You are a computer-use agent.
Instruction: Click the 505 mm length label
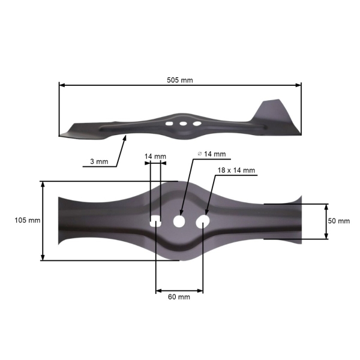tap(180, 80)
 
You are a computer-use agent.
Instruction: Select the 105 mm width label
tap(27, 220)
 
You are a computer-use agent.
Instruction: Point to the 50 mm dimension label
tap(339, 221)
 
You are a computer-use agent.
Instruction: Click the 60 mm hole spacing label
tap(179, 297)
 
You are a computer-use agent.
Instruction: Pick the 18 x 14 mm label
tap(236, 170)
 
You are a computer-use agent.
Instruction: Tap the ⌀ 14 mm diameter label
tap(211, 154)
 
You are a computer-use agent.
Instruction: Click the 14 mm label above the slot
tap(155, 157)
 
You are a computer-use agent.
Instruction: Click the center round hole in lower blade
tap(179, 221)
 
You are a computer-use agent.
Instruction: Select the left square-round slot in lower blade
tap(155, 221)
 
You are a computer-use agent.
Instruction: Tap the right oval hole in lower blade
tap(203, 222)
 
